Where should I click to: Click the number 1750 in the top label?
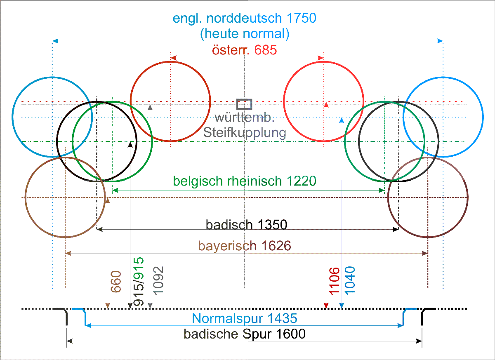pyautogui.click(x=302, y=18)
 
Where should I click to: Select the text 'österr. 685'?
pyautogui.click(x=244, y=50)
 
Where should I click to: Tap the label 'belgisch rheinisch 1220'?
pyautogui.click(x=244, y=181)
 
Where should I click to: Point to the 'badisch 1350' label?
pyautogui.click(x=246, y=225)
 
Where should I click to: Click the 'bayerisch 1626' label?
pyautogui.click(x=245, y=246)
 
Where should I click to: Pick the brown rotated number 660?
pyautogui.click(x=116, y=282)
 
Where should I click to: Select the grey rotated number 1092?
pyautogui.click(x=158, y=281)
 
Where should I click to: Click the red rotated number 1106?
pyautogui.click(x=334, y=281)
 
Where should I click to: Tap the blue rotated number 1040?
pyautogui.click(x=350, y=281)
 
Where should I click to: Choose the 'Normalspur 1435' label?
pyautogui.click(x=245, y=318)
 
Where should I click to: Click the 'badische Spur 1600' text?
pyautogui.click(x=245, y=334)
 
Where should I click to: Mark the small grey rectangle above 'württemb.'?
pyautogui.click(x=244, y=104)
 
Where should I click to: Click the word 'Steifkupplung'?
pyautogui.click(x=245, y=133)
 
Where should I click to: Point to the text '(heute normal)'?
pyautogui.click(x=245, y=34)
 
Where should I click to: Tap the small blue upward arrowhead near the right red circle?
pyautogui.click(x=342, y=120)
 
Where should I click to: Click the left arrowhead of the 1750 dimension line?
pyautogui.click(x=55, y=41)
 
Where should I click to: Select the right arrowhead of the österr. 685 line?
pyautogui.click(x=321, y=58)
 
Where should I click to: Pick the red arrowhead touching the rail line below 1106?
pyautogui.click(x=326, y=306)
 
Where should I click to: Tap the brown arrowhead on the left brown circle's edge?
pyautogui.click(x=108, y=200)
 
